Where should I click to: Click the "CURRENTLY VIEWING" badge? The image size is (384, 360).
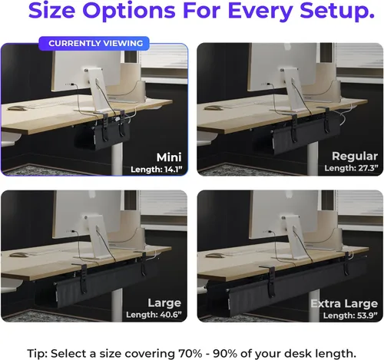pos(94,43)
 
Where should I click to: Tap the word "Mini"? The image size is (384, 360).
pos(169,157)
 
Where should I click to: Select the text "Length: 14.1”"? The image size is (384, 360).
pos(157,170)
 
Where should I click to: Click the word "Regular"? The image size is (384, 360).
pos(355,156)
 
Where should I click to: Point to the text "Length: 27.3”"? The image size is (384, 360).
pos(351,168)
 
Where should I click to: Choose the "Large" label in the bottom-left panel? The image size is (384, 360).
pos(164,303)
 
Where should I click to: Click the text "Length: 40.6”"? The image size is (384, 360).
pos(154,315)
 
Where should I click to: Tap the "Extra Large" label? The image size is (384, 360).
pos(344,304)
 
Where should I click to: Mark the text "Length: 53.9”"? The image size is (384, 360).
pos(350,315)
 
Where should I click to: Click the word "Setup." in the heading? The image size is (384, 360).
pos(337,11)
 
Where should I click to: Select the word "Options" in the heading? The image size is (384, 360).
pos(129,11)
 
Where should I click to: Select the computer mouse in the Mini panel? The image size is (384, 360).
pos(17,108)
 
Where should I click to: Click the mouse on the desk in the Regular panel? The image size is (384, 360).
pos(214,108)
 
